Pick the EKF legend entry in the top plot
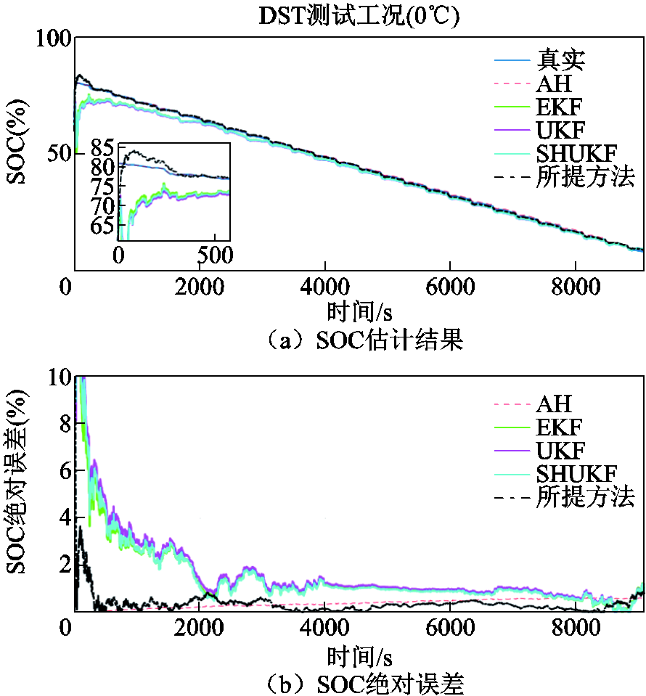point(559,107)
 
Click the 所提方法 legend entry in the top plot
point(585,176)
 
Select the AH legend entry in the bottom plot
point(554,404)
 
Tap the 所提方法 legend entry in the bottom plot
point(585,497)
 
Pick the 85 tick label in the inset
point(104,150)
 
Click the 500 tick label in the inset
point(213,255)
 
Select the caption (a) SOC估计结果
point(359,340)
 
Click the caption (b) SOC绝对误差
point(359,681)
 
